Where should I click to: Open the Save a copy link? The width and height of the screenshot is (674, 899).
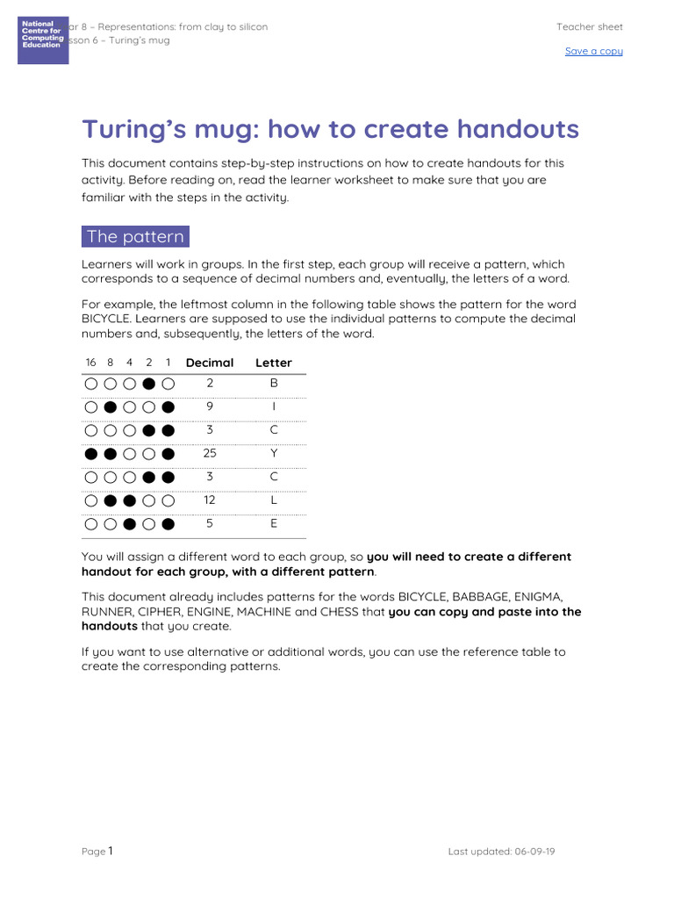pos(593,51)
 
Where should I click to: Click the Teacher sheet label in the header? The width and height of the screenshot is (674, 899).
pos(589,27)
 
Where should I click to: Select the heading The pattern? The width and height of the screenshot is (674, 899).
pos(135,237)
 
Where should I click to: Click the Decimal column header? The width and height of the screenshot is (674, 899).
pos(210,363)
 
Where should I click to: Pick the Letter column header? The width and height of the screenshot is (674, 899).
pos(273,363)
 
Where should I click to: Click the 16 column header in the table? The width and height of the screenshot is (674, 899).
pos(90,363)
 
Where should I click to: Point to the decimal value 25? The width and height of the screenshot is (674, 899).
pos(210,454)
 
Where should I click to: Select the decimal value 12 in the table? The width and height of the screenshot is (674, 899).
pos(210,500)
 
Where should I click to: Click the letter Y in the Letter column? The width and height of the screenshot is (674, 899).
pos(274,454)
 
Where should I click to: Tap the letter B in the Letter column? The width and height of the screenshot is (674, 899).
pos(274,384)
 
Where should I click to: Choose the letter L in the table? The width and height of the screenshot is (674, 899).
pos(274,500)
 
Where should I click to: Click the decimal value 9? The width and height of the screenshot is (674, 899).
pos(210,407)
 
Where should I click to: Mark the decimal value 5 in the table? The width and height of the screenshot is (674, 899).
pos(210,524)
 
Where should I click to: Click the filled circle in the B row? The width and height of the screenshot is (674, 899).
pos(149,384)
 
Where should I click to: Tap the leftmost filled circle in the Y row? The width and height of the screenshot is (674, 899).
pos(90,454)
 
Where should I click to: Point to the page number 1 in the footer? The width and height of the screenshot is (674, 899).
pos(111,850)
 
